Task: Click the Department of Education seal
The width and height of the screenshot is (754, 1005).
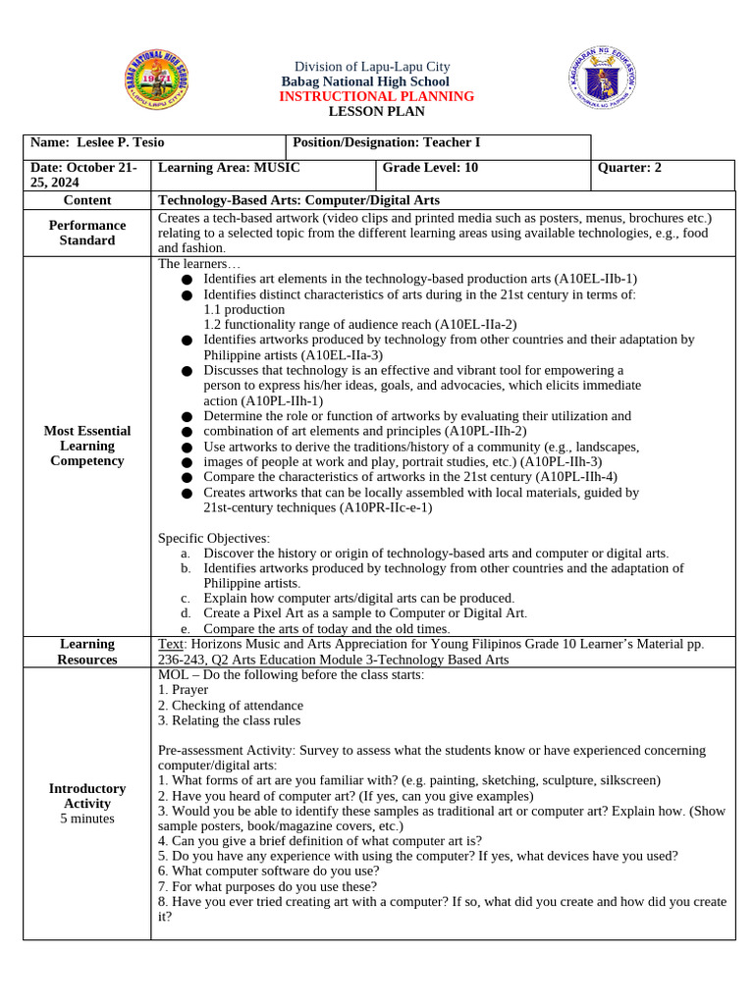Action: (x=603, y=79)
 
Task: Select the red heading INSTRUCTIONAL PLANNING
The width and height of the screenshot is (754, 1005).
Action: (x=376, y=96)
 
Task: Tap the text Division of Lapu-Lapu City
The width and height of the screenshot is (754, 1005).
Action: (x=364, y=67)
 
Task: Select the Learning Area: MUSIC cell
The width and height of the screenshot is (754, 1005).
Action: (x=229, y=168)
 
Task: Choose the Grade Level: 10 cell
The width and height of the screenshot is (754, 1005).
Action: (x=430, y=168)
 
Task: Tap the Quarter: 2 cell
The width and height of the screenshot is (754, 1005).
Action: (x=629, y=168)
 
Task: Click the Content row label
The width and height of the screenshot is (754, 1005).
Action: (x=87, y=200)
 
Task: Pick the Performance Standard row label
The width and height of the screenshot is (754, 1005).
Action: (x=87, y=233)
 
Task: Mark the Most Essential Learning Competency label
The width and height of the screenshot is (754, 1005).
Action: (x=87, y=446)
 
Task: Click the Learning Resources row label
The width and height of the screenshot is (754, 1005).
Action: (x=87, y=652)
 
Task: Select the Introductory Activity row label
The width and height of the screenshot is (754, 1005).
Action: (x=87, y=803)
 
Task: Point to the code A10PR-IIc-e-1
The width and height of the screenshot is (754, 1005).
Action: (x=385, y=507)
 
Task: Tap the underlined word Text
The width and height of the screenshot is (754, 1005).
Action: (x=171, y=644)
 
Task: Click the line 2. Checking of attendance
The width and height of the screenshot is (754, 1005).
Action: (x=231, y=705)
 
